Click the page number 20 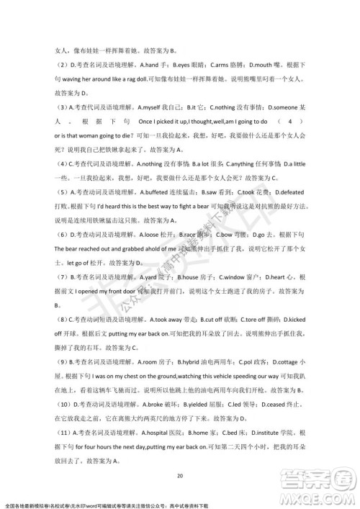pos(180,475)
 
